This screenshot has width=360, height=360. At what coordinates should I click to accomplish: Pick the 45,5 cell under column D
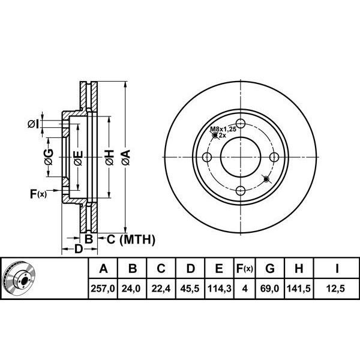[190, 289]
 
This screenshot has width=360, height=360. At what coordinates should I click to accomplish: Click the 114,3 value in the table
[219, 289]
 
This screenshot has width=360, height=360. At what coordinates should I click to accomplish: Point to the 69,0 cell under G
[270, 289]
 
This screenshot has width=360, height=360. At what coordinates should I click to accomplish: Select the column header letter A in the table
[103, 268]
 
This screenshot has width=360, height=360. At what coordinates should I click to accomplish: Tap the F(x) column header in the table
[244, 268]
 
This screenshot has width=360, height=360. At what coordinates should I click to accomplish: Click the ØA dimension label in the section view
[125, 157]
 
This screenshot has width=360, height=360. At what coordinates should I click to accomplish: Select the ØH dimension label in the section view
[109, 157]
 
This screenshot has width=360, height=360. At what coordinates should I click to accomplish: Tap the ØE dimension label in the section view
[78, 158]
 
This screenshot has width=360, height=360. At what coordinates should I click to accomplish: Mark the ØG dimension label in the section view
[49, 157]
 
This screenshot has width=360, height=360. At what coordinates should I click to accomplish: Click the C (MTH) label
[131, 239]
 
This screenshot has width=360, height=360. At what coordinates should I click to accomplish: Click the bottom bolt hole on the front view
[241, 191]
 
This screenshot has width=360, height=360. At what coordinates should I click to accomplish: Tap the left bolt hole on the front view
[208, 158]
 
